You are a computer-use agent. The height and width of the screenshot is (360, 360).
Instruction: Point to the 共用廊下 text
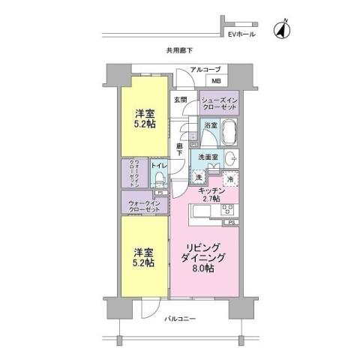(x=180, y=51)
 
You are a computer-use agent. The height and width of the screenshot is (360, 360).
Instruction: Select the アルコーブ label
(x=205, y=70)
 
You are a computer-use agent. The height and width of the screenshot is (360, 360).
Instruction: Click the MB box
(x=215, y=81)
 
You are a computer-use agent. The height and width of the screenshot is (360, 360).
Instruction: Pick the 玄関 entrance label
(x=180, y=99)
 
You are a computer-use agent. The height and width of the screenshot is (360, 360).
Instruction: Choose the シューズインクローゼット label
(x=220, y=101)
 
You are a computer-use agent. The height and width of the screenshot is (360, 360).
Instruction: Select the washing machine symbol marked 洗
(x=198, y=177)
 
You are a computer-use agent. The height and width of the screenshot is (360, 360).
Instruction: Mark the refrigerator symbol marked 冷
(x=230, y=179)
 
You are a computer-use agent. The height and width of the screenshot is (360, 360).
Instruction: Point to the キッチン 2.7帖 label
(x=209, y=196)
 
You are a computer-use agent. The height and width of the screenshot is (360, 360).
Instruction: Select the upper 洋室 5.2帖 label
(x=145, y=118)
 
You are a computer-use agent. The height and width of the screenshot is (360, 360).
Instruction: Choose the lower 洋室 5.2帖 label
(x=145, y=256)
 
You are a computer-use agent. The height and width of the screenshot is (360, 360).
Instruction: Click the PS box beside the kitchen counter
(x=232, y=223)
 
